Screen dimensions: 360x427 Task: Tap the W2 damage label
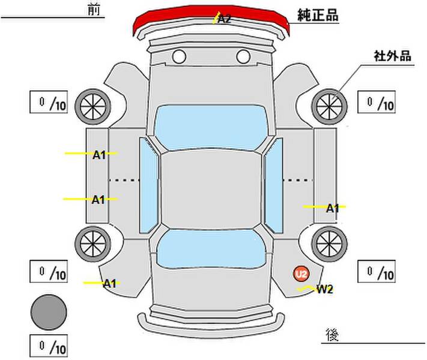point(325,289)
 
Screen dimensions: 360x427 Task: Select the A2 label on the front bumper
point(224,19)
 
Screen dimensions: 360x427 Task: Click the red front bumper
point(180,21)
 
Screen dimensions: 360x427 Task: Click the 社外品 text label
point(393,56)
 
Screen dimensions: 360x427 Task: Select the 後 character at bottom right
point(331,333)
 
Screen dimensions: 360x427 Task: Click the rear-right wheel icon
point(330,242)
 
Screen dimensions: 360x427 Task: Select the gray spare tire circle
point(49,312)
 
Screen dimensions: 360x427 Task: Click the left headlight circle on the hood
point(178,57)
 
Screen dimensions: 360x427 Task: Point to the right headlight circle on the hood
point(243,57)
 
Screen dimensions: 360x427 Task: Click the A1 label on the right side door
point(333,209)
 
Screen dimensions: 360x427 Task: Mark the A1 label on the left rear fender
point(109,283)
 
